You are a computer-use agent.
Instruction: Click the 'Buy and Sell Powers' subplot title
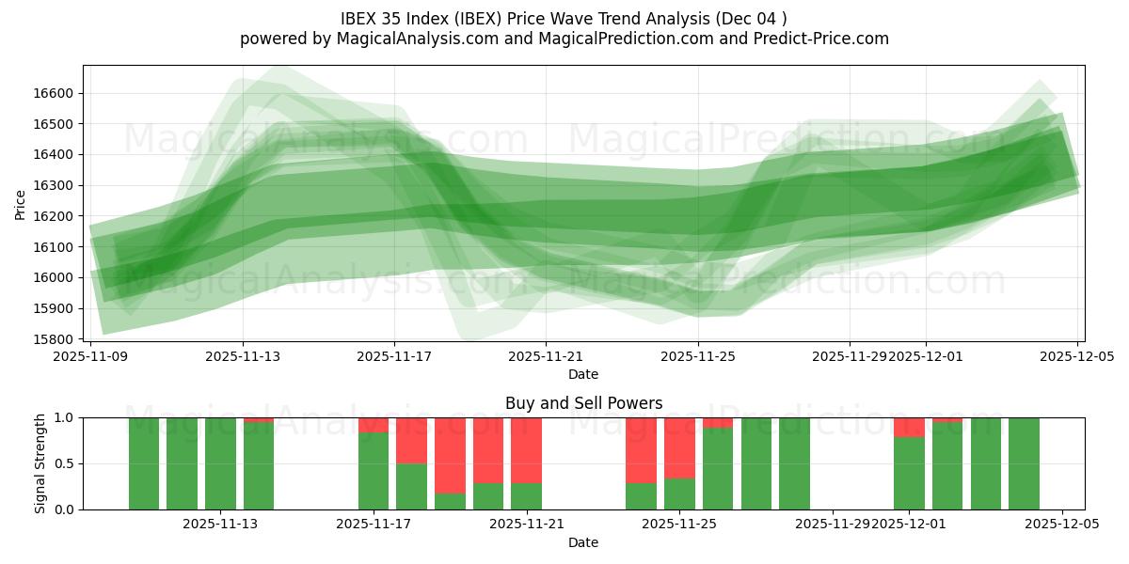(x=583, y=403)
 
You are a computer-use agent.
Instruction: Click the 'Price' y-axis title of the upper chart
(x=22, y=204)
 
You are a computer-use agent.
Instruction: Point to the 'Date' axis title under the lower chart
(x=583, y=542)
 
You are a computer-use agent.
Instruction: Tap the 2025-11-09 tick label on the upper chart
(x=91, y=356)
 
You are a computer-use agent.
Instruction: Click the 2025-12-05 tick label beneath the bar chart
(x=1062, y=525)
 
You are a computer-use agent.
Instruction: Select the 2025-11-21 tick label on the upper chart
(x=546, y=356)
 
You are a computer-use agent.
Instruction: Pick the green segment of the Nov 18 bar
(x=411, y=486)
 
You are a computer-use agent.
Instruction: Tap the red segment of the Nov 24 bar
(x=641, y=449)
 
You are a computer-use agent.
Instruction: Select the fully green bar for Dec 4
(x=1024, y=463)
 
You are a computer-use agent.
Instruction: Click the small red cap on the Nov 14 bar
(x=259, y=420)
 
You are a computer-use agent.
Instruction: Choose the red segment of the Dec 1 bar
(x=909, y=428)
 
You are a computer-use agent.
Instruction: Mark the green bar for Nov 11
(x=182, y=463)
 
